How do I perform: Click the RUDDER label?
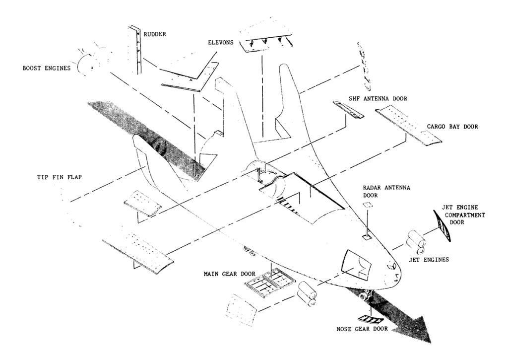(x=155, y=34)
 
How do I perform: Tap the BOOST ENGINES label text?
(x=46, y=68)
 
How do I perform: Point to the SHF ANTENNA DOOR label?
(x=378, y=98)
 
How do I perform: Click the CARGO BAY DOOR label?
(x=452, y=126)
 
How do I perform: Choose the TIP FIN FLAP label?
(x=60, y=177)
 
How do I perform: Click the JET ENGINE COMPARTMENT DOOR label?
(x=463, y=215)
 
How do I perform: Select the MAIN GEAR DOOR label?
(x=229, y=274)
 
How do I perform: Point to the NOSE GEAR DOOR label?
(x=362, y=329)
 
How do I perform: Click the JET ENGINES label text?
(x=429, y=260)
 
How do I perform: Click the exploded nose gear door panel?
(x=369, y=319)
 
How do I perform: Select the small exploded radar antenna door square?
(x=368, y=205)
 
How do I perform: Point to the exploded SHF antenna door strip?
(x=349, y=109)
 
